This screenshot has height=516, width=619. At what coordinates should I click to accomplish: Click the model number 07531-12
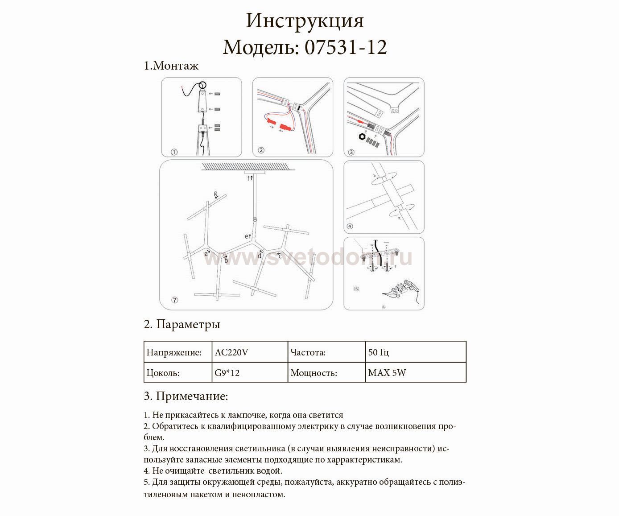point(346,47)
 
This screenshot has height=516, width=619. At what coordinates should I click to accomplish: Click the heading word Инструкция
point(305,21)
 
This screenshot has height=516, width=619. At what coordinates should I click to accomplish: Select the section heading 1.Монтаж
point(171,66)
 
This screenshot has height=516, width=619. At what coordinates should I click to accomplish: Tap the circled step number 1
point(174,152)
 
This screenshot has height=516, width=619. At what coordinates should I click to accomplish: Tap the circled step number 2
point(261,150)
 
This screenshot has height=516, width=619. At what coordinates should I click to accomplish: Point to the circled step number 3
point(351,152)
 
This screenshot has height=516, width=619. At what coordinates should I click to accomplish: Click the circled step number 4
point(350,227)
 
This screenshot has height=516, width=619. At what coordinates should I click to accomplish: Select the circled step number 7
point(175,300)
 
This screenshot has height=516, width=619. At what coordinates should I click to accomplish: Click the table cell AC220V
point(231,352)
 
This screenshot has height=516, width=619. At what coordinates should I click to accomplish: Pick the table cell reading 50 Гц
point(379,352)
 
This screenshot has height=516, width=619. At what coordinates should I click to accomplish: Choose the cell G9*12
point(227,373)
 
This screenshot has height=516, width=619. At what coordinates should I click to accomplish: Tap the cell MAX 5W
point(387,373)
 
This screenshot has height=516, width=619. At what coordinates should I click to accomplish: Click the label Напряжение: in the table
point(174,352)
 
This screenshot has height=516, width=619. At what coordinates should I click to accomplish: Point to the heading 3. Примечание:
point(186,396)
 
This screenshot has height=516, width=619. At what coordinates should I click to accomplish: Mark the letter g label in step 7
point(215,194)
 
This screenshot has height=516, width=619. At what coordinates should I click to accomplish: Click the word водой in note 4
point(269,471)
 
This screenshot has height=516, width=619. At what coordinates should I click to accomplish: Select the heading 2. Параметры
point(182,324)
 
